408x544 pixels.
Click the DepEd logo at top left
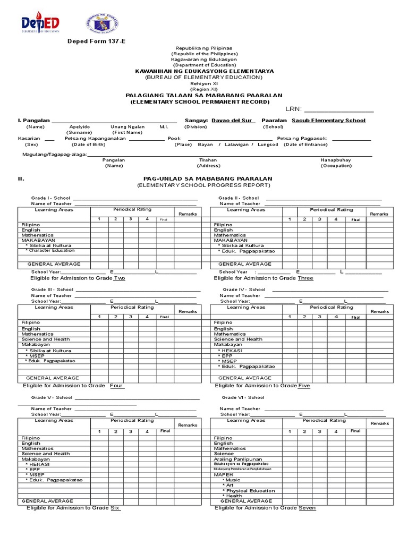coord(40,24)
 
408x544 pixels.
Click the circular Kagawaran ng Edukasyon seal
coord(102,24)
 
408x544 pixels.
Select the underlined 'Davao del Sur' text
coord(233,121)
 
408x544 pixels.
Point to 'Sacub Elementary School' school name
coord(329,121)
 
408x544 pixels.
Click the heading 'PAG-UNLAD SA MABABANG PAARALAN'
coord(208,179)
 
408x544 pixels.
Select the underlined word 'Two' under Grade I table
coord(120,278)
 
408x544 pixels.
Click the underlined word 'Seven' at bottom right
coord(307,508)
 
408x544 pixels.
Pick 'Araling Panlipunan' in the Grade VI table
coord(238,459)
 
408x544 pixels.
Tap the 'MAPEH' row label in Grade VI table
coord(223,474)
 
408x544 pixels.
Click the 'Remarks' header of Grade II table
coord(379,214)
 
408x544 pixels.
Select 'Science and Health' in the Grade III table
coord(46,339)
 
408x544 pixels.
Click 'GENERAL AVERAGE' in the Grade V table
coord(47,501)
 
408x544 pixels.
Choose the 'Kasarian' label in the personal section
coord(29,138)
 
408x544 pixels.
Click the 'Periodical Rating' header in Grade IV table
coord(331,308)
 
